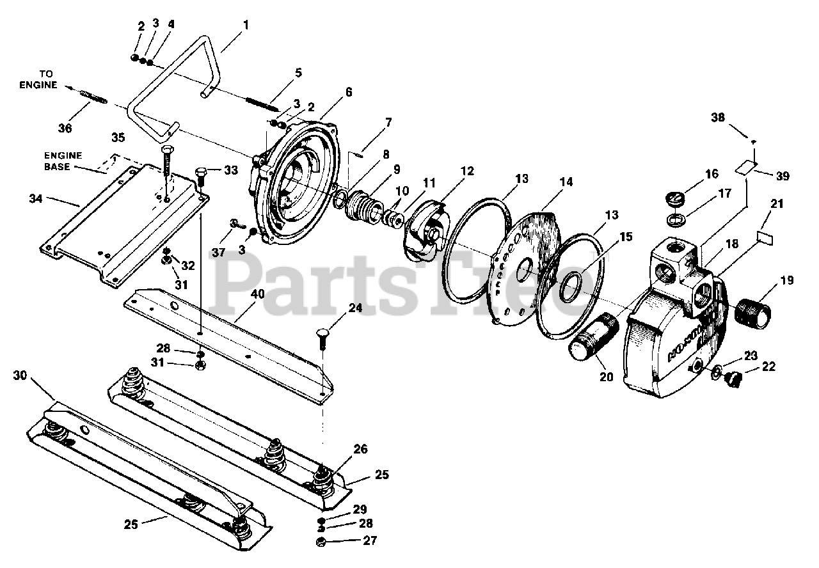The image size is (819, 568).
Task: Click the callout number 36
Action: point(65,128)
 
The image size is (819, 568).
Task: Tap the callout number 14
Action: point(565,182)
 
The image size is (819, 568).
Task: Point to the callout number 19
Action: point(786,280)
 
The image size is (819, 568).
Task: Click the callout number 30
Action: point(20,375)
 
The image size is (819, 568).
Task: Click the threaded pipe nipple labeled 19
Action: point(754,311)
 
